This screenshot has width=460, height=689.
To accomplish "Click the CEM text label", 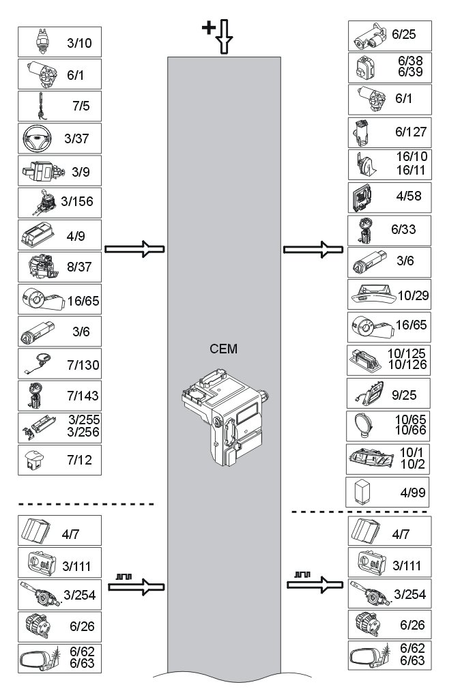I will point(224,349).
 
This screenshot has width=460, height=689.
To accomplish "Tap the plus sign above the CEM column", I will point(207,27).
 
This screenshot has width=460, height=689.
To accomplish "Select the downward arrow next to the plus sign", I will point(225,38).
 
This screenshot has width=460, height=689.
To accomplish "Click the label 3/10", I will point(79,45).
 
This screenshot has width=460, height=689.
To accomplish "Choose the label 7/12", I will point(79,461).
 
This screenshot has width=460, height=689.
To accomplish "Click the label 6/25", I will point(404,35).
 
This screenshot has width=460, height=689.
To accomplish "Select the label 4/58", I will point(409,196).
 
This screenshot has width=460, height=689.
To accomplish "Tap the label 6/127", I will point(409,132).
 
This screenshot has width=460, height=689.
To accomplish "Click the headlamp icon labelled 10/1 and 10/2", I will point(371,458).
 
